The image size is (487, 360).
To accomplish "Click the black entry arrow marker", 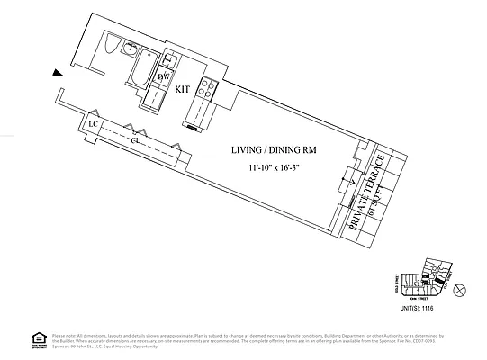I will click(58, 73).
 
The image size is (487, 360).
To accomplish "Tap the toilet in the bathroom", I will click(111, 46).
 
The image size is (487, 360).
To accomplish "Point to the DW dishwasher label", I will click(164, 77).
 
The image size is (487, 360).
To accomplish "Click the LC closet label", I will click(93, 124).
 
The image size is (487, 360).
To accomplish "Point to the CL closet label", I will click(134, 141).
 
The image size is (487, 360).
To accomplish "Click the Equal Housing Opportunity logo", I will click(38, 339).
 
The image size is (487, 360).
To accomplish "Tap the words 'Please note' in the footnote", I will click(64, 334).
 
